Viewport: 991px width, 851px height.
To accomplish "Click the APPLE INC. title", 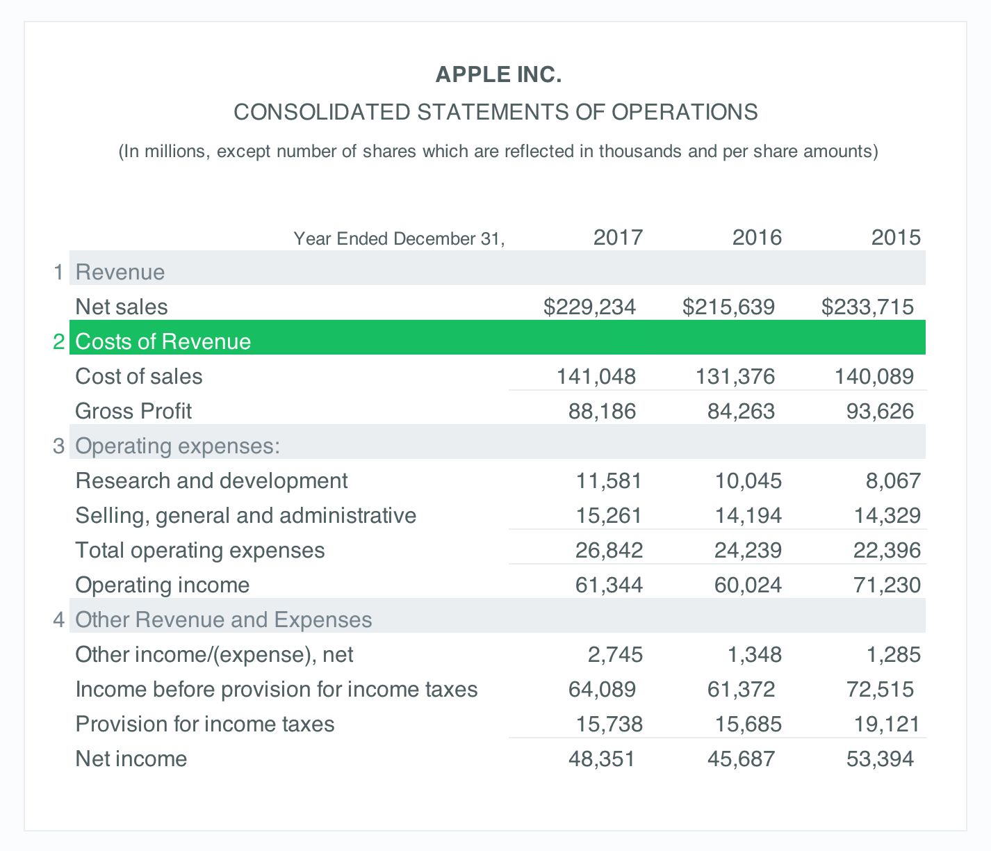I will click(498, 74).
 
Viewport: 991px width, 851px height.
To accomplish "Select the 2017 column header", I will click(618, 238).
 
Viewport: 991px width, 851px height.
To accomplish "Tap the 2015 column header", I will click(896, 238).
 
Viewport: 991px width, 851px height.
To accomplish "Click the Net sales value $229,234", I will click(589, 307).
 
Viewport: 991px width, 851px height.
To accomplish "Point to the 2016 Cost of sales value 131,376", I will click(735, 376).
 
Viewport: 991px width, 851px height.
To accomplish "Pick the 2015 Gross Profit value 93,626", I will click(880, 411).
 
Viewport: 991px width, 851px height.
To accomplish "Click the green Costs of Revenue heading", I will click(163, 341).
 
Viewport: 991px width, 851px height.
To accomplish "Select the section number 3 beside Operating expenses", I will click(59, 446).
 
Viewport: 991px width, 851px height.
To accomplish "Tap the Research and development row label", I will click(211, 480).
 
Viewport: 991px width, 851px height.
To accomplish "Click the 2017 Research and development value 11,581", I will click(609, 480).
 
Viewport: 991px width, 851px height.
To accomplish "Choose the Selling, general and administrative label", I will click(245, 515).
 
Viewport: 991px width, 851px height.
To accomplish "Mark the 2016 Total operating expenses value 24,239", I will click(748, 550).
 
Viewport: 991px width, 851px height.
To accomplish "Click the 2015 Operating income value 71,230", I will click(887, 585).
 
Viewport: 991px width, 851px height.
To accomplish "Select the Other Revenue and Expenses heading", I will click(223, 619).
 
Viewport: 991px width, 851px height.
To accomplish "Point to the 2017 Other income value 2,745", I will click(615, 654).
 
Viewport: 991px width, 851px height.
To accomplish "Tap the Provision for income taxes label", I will click(205, 724).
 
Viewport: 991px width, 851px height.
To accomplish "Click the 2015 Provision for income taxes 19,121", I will click(887, 724).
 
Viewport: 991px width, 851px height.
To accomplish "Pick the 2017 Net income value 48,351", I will click(602, 759).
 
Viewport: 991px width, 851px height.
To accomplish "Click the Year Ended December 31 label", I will click(399, 239).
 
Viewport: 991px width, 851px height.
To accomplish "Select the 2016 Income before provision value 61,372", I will click(741, 689).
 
